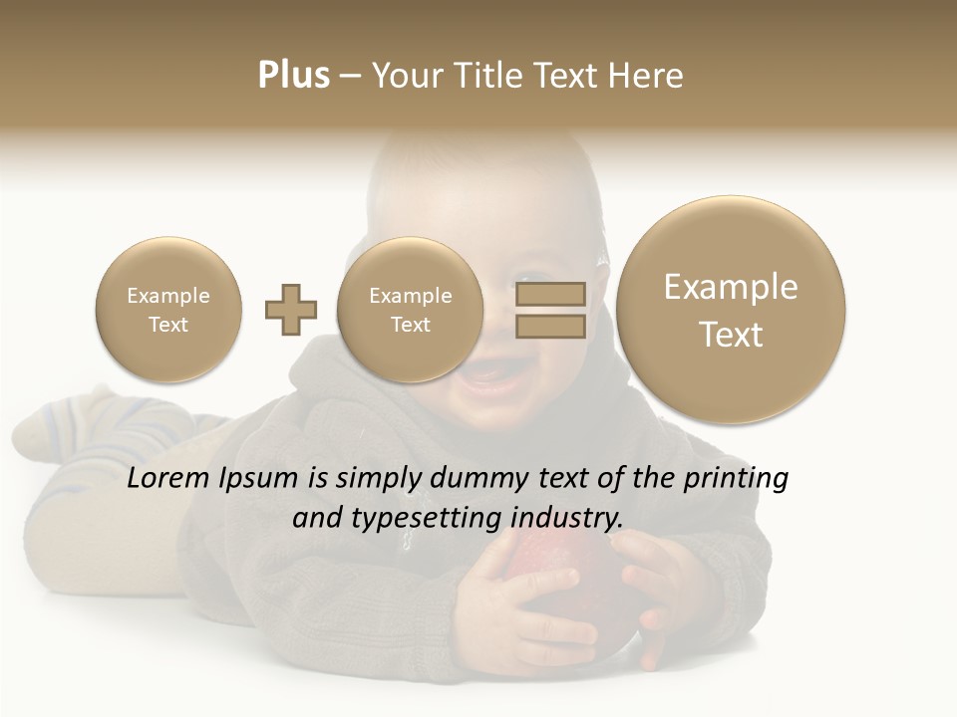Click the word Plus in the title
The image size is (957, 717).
coord(293,76)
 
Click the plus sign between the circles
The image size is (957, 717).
coord(291,310)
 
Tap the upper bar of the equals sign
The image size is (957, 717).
coord(550,294)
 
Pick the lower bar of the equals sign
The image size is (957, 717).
coord(550,327)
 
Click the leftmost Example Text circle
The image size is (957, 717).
coord(167,310)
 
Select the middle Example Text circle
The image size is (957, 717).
coord(410,310)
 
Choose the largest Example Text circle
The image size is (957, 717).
coord(731,310)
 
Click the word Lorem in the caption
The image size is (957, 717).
coord(168,478)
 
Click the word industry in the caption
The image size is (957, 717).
coord(567,519)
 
